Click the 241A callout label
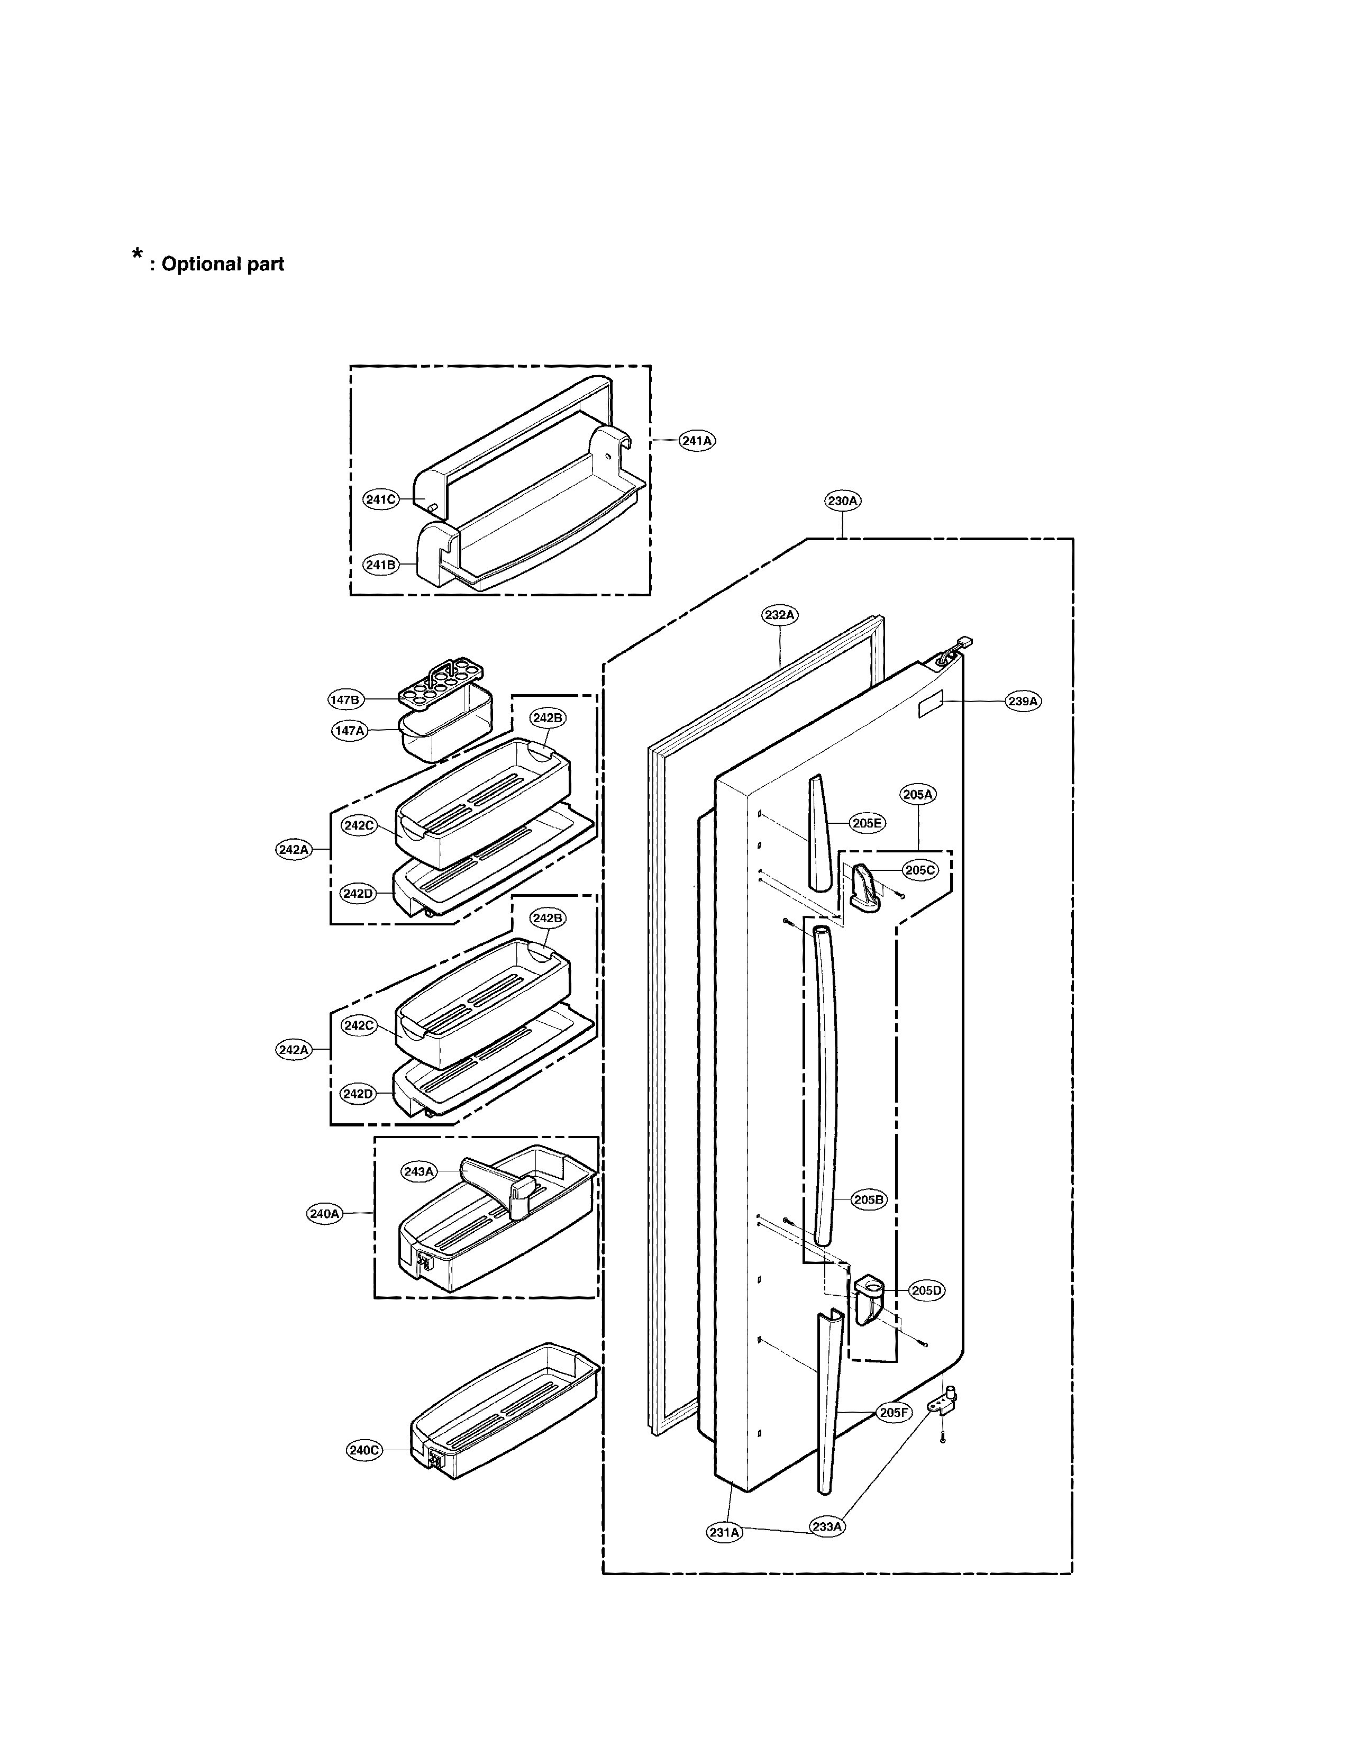[x=697, y=441]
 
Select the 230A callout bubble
[x=843, y=501]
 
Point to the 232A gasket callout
[x=779, y=615]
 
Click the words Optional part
[x=223, y=265]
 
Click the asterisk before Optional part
[x=138, y=257]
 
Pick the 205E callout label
[x=867, y=823]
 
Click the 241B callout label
[x=380, y=565]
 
